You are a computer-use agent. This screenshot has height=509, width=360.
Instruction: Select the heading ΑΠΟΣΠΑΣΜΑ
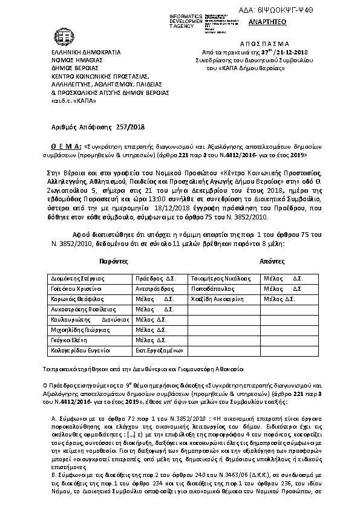[x=258, y=44]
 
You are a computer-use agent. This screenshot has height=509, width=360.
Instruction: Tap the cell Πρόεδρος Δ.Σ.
[x=155, y=279]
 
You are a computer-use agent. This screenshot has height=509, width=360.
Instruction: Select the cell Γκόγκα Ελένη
[x=68, y=340]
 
